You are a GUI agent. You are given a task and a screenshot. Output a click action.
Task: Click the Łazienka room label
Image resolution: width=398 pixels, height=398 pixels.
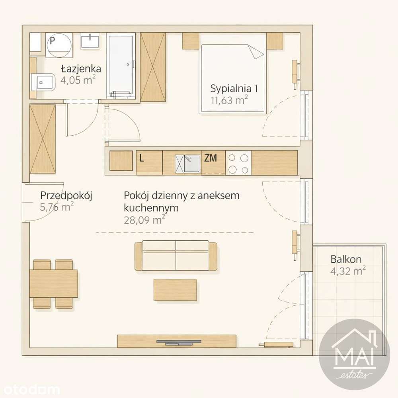[x=81, y=68]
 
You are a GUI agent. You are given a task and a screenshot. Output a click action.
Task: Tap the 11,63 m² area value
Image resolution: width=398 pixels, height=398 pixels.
[x=229, y=100]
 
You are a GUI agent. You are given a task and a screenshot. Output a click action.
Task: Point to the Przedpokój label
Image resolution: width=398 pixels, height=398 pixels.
[x=66, y=196]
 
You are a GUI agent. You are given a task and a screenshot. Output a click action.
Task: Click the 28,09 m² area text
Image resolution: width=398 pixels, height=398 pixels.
[x=144, y=220]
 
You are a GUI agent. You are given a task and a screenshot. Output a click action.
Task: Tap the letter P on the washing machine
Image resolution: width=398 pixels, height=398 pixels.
[x=53, y=41]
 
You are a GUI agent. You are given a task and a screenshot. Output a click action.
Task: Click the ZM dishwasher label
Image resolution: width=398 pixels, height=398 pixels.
[x=211, y=158]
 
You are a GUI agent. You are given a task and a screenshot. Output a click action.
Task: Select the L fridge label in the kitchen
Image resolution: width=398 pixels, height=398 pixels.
[x=142, y=158]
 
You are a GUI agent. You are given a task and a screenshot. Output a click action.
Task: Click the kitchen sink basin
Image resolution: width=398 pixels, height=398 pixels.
[x=192, y=163]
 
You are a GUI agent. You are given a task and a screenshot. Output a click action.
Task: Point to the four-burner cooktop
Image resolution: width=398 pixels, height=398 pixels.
[x=238, y=163]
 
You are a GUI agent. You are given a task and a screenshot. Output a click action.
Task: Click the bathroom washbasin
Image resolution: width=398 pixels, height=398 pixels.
[x=90, y=41]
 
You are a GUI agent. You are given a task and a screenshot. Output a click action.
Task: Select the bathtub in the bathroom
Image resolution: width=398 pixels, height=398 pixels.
[x=121, y=66]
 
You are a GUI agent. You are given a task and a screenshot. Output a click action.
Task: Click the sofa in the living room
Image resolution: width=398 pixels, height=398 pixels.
[x=176, y=256]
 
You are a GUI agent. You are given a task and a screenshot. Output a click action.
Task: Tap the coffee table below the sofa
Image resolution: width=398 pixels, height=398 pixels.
[x=176, y=290]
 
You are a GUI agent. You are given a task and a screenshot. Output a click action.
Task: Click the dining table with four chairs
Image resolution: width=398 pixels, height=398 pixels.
[x=54, y=283]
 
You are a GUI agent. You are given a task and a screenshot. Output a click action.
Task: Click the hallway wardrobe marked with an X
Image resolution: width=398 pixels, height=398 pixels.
[x=43, y=139]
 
